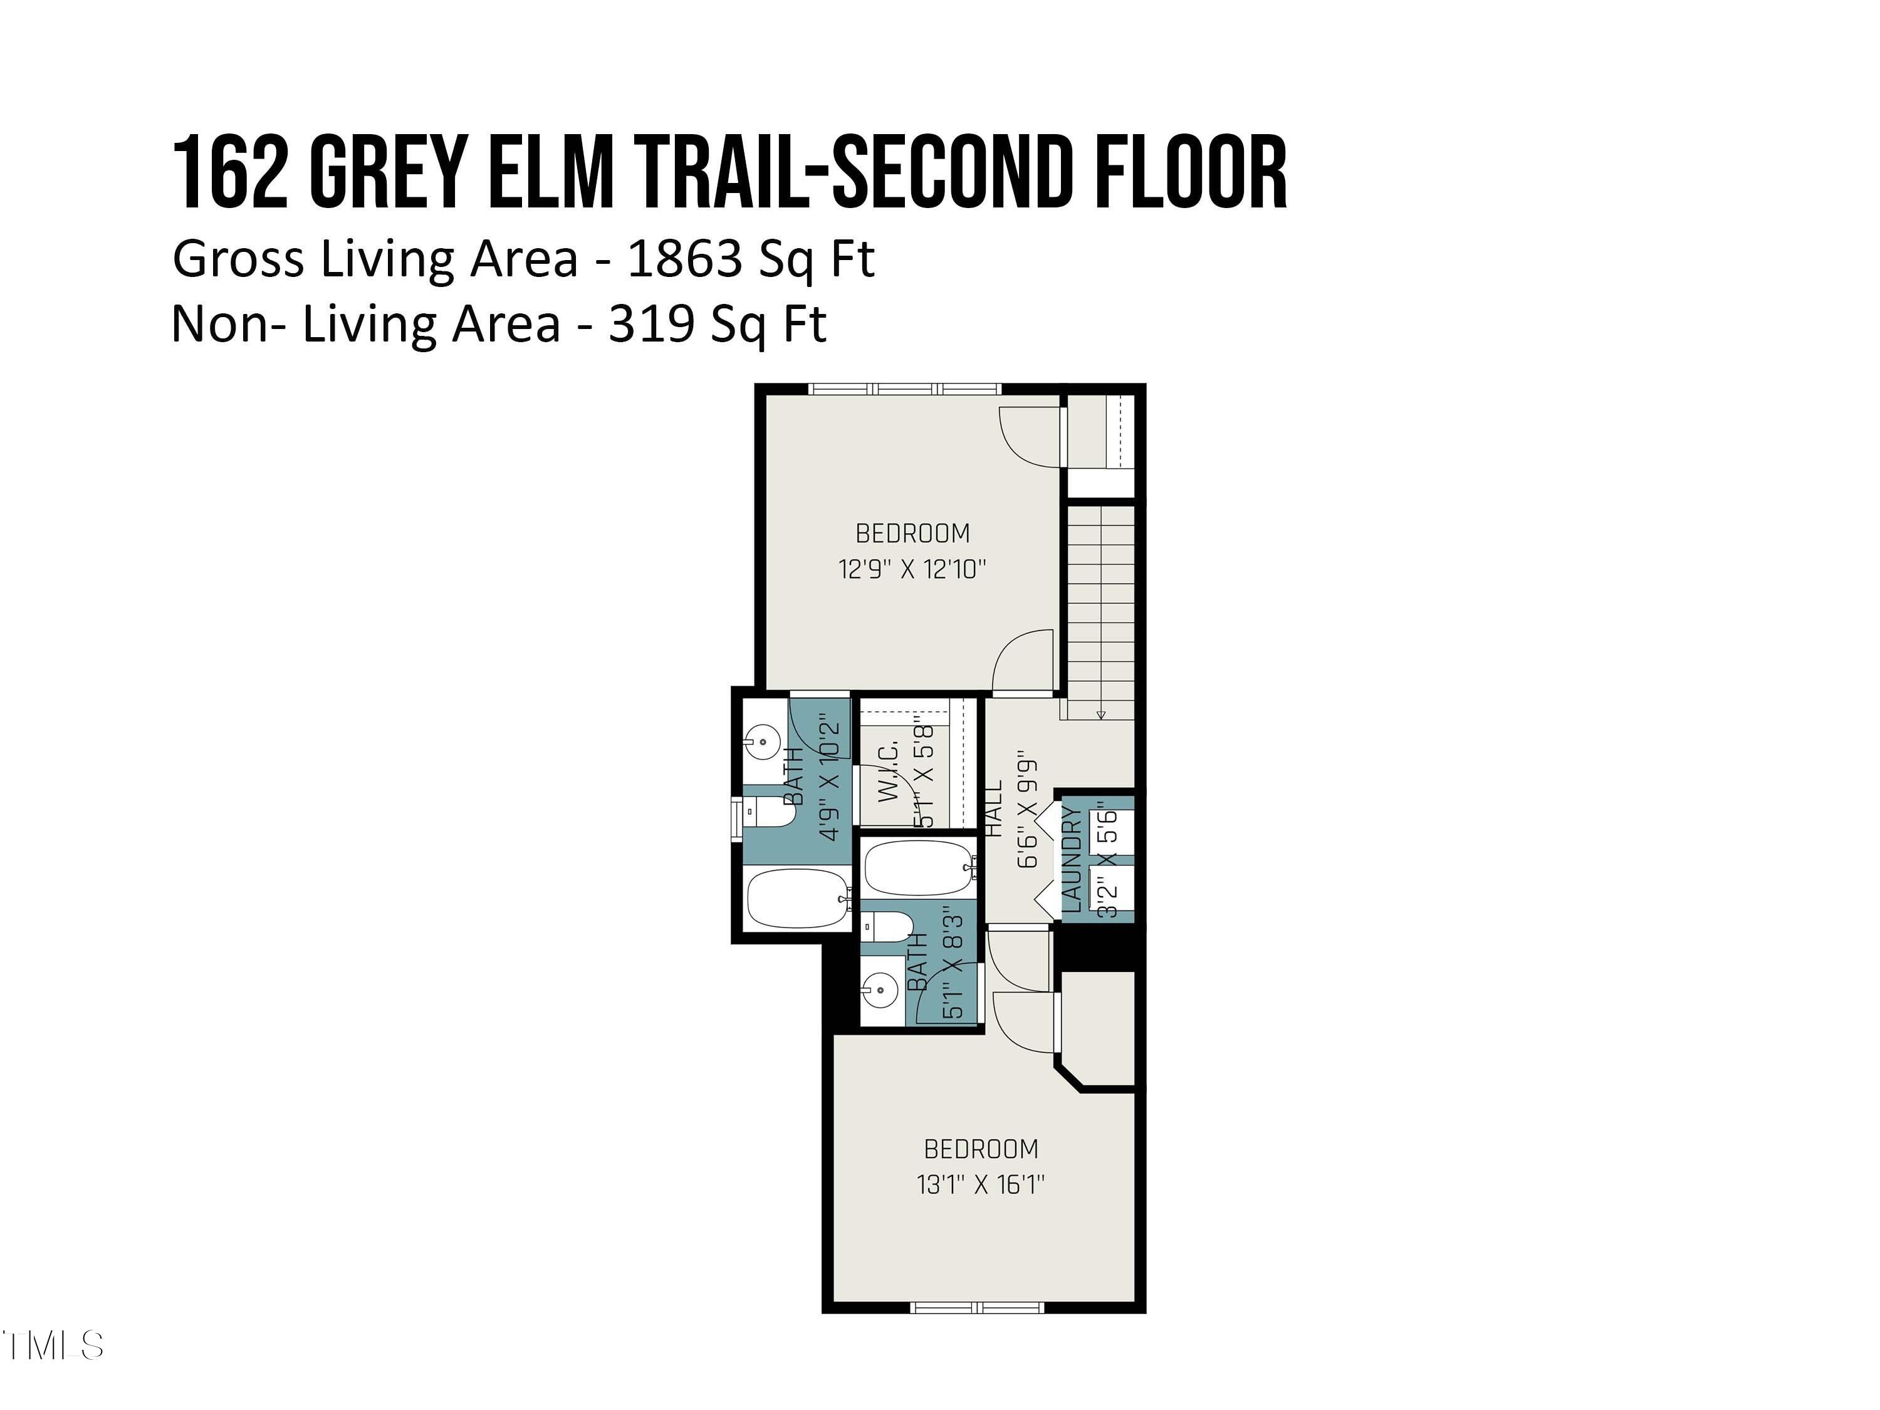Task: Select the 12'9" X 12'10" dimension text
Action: click(x=912, y=568)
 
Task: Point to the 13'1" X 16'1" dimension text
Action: click(x=981, y=1184)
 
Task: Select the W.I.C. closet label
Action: click(x=888, y=771)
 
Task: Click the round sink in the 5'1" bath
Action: click(x=880, y=990)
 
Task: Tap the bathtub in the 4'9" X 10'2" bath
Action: click(x=797, y=899)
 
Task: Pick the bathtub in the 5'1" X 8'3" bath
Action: click(x=918, y=867)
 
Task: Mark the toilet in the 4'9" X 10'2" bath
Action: click(x=770, y=812)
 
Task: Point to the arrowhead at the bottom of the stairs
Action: click(x=1100, y=715)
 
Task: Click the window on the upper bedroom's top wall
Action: click(x=904, y=389)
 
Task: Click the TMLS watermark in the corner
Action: click(x=53, y=1345)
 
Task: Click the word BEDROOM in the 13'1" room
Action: click(x=981, y=1149)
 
